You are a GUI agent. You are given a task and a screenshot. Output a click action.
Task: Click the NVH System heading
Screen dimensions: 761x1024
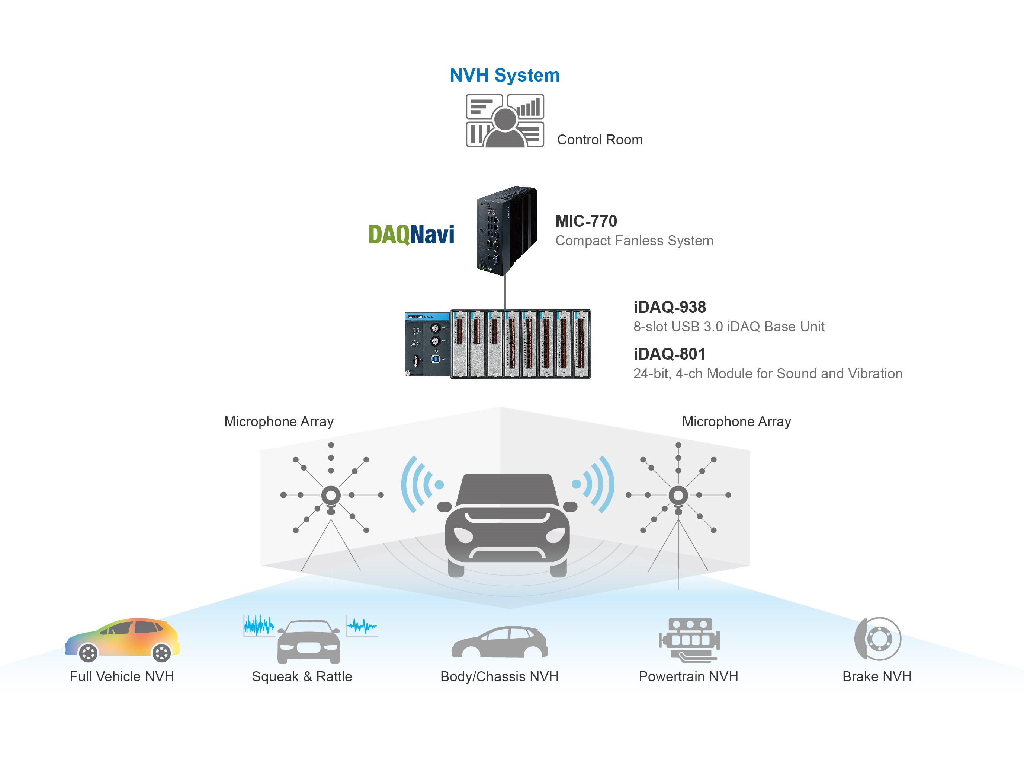tap(504, 75)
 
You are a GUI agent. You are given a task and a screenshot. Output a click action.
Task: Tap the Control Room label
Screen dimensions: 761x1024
tap(599, 140)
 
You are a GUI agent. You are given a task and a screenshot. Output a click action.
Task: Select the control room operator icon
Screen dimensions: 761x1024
tap(505, 121)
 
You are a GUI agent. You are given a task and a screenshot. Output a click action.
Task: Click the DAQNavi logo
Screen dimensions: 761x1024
tap(411, 235)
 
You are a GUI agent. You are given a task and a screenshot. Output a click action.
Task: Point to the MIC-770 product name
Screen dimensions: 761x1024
tap(585, 221)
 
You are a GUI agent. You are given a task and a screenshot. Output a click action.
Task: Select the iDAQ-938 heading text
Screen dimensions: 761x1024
tap(669, 307)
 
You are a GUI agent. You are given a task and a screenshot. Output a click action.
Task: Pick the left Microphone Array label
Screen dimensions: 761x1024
tap(279, 421)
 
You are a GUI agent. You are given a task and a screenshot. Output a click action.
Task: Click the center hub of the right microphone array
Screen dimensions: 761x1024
tap(678, 495)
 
